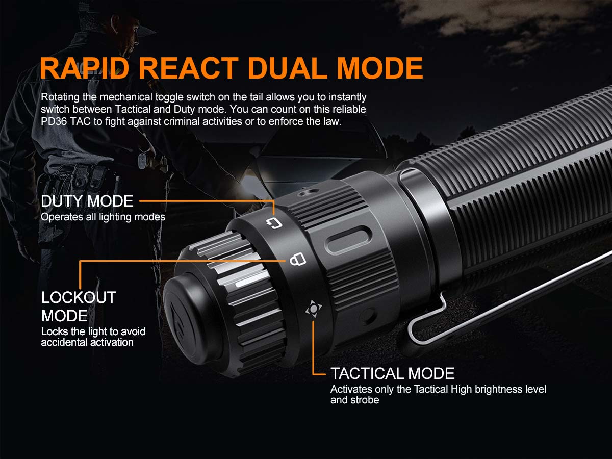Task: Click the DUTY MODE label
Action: (87, 201)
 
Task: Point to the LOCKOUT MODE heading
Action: (79, 306)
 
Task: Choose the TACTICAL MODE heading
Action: (392, 373)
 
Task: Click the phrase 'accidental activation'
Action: (87, 342)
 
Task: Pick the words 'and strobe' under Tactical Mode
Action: (354, 400)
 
